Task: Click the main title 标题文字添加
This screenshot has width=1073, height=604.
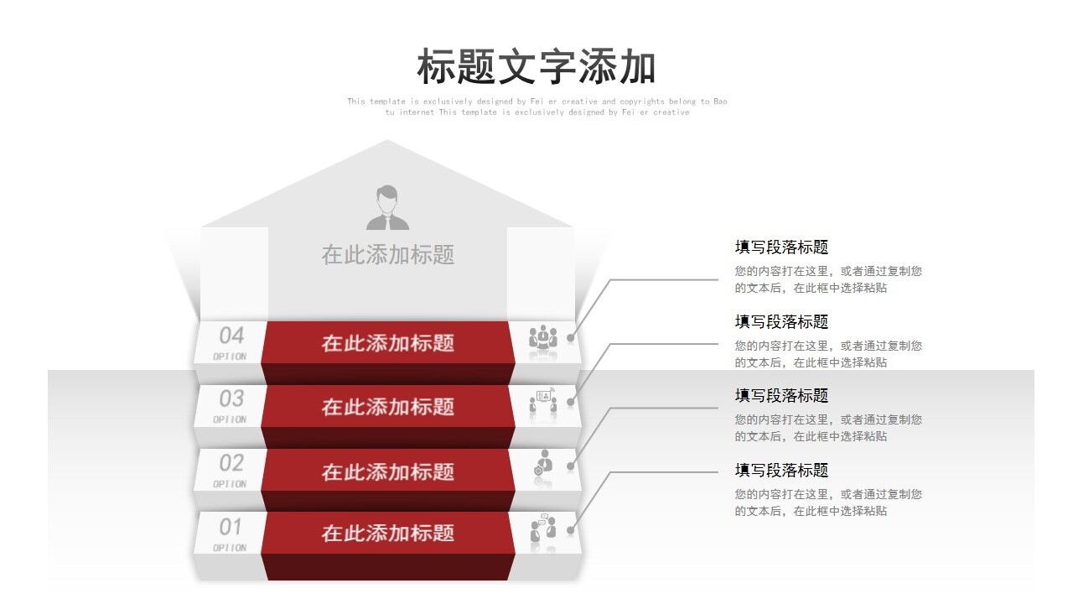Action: coord(536,67)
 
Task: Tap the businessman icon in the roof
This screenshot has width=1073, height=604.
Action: coord(387,208)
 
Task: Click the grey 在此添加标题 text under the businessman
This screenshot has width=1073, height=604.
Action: coord(387,255)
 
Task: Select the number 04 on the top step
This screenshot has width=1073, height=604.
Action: coord(231,336)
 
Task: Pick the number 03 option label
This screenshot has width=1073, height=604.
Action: coord(231,398)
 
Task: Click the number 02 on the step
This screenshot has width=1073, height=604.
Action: coord(231,463)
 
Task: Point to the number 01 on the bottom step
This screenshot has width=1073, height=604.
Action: coord(231,528)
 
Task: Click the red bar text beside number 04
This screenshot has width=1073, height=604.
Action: coord(387,343)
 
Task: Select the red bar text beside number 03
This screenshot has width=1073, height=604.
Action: coord(387,407)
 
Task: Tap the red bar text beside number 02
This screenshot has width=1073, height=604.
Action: coord(387,471)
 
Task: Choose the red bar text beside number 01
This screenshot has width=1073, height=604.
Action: coord(387,534)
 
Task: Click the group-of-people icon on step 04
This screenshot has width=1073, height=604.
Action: coord(543,337)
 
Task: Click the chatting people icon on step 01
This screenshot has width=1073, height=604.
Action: coord(543,528)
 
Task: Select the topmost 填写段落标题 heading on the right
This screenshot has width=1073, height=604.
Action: coord(781,247)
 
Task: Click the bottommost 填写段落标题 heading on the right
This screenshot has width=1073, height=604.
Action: coord(781,471)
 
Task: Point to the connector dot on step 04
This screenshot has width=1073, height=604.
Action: coord(571,338)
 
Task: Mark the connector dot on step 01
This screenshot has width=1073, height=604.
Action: coord(571,530)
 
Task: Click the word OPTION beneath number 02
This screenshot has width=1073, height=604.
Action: coord(230,484)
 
